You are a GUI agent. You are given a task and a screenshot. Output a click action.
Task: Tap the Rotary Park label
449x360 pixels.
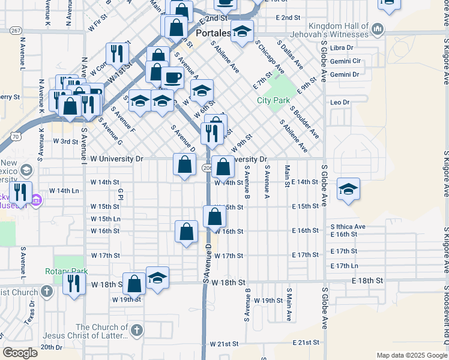(66, 271)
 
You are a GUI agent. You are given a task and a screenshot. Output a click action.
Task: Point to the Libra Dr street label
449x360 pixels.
(342, 47)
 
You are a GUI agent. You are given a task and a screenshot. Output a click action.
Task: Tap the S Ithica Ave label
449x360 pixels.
(348, 226)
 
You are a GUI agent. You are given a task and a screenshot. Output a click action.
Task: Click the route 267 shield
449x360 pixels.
(16, 30)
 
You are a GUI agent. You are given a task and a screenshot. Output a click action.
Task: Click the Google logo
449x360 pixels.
(20, 353)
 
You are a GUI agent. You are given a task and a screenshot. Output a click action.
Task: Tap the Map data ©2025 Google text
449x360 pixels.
(411, 355)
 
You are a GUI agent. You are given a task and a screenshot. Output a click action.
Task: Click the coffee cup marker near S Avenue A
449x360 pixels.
(173, 77)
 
